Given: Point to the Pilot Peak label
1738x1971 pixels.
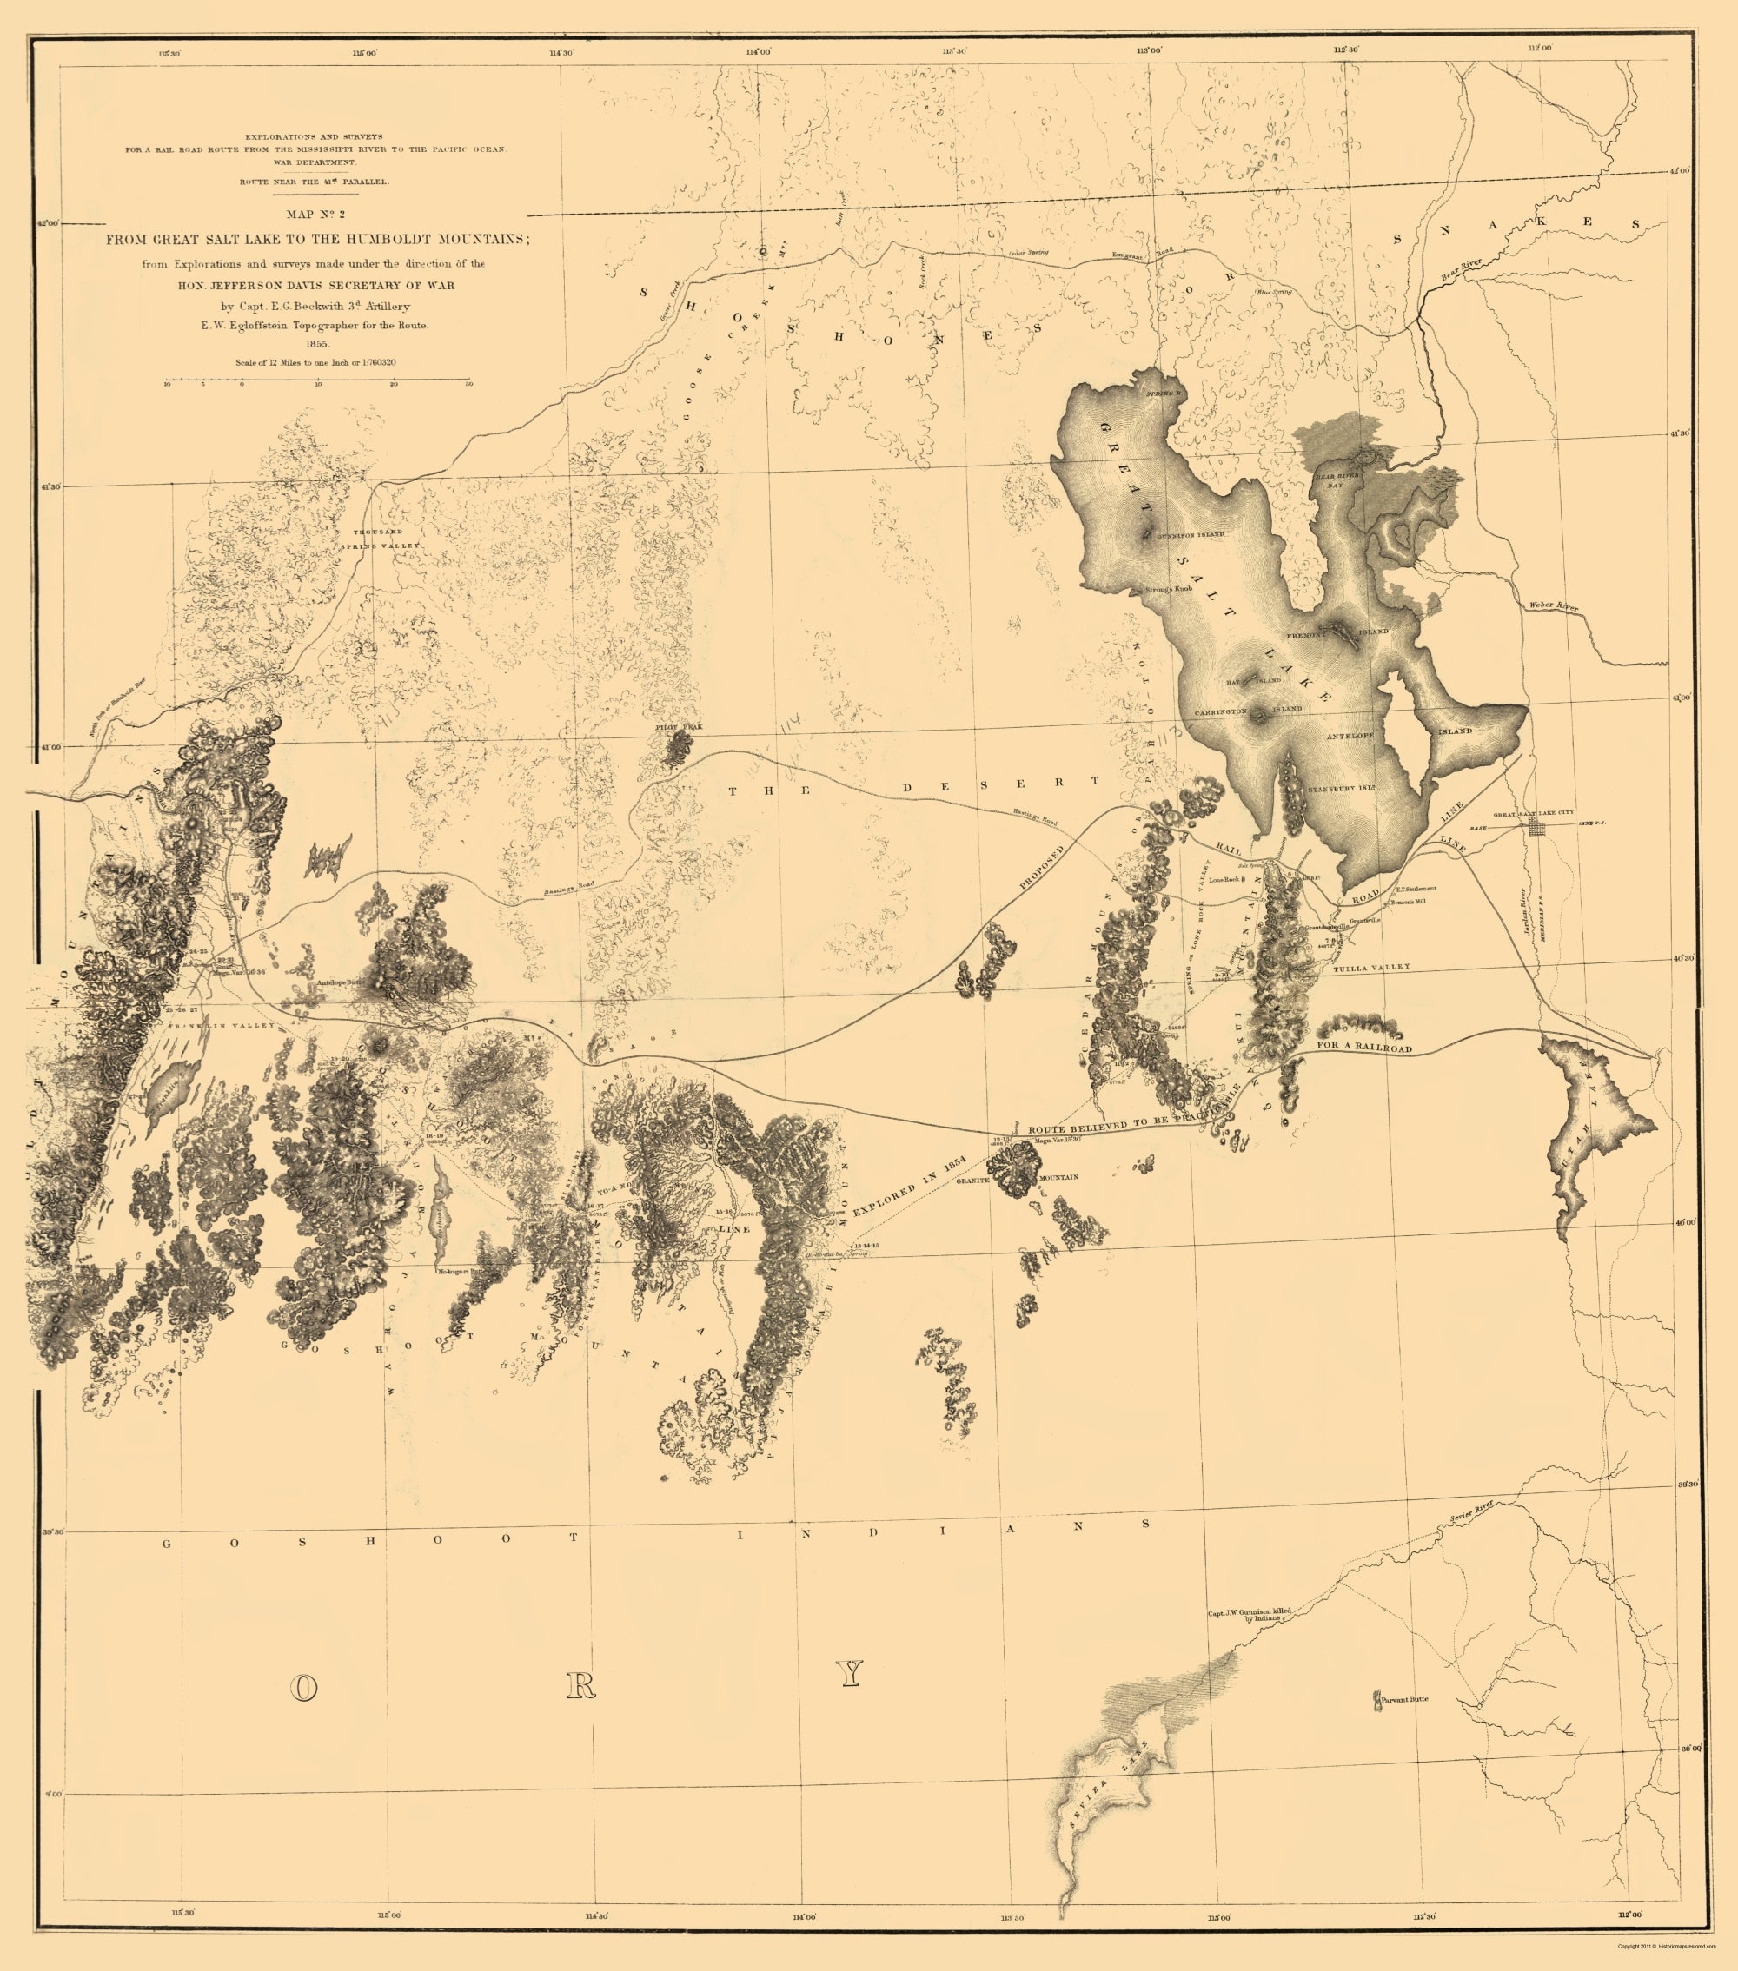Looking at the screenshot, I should (674, 726).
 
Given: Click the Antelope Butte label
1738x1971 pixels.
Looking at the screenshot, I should (342, 983).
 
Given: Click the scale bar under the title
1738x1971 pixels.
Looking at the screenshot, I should (318, 382).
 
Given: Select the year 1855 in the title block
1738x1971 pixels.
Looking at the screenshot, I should (317, 343).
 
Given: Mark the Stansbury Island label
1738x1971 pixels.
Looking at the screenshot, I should (1341, 789).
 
